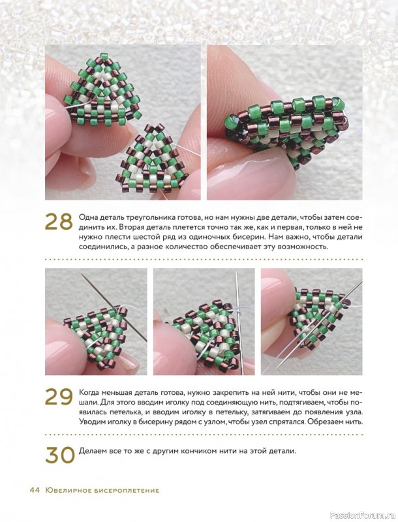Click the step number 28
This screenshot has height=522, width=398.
click(x=58, y=222)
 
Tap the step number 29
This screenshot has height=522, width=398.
click(x=59, y=396)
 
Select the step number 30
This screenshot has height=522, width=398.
click(x=59, y=455)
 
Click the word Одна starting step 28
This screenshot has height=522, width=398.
click(x=87, y=218)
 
